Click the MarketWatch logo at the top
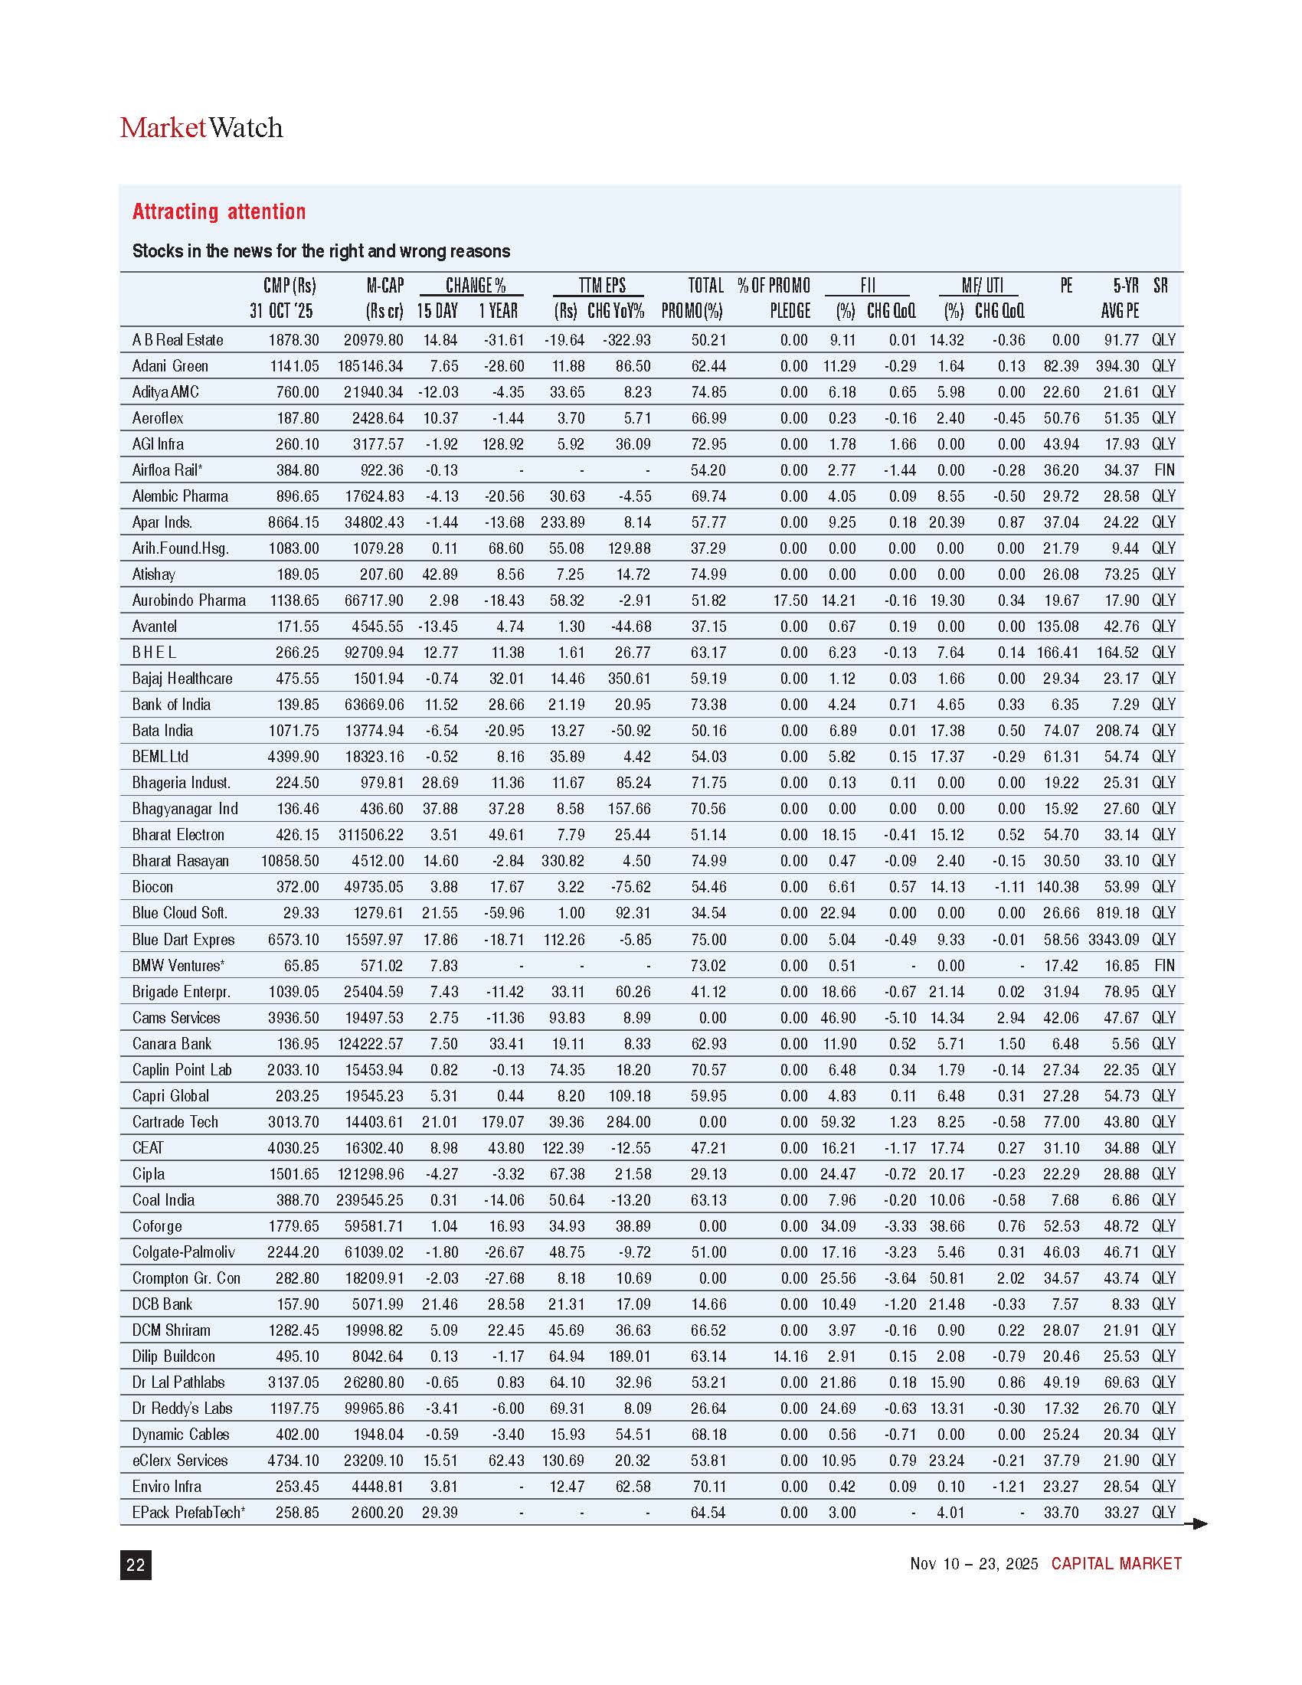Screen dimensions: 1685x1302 201,127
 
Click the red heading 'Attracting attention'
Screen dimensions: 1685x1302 219,211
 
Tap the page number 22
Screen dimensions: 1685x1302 135,1565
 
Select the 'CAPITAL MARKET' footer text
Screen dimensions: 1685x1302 1115,1564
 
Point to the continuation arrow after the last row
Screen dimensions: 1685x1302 1196,1523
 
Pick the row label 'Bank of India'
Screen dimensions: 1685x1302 172,705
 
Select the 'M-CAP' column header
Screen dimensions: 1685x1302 385,286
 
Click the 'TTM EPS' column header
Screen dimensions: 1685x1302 603,286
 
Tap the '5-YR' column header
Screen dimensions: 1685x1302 1125,286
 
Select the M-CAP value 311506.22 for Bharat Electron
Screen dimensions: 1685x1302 371,835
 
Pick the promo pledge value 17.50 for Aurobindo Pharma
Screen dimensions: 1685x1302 790,600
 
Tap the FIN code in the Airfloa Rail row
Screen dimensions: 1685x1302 1163,470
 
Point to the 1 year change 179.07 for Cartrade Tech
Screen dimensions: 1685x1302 502,1122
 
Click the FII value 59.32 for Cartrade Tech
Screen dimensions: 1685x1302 838,1122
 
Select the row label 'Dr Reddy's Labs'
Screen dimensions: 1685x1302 182,1408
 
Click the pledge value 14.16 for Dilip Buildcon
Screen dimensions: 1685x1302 790,1356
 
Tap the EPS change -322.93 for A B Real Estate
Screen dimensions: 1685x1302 626,339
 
